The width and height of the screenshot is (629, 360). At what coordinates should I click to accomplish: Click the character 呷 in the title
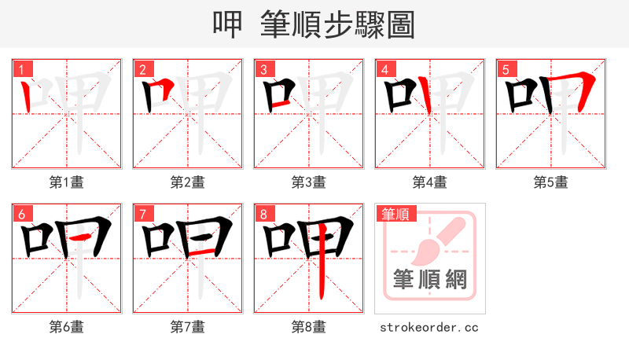(228, 24)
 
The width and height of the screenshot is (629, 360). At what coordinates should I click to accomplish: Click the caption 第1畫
(67, 182)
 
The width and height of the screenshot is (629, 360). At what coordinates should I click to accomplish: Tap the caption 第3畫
(309, 182)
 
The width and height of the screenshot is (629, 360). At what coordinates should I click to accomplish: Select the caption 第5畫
(551, 182)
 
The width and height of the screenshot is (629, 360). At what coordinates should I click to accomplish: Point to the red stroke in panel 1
(28, 97)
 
